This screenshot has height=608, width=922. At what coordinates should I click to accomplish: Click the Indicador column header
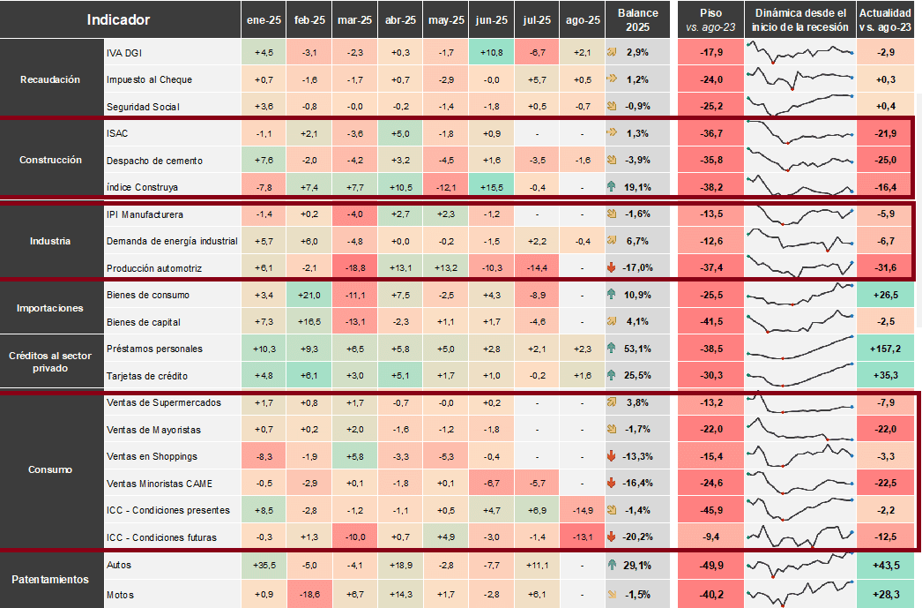(118, 20)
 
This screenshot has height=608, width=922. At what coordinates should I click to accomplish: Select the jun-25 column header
(492, 20)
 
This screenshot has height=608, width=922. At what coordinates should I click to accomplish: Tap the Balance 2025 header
(637, 20)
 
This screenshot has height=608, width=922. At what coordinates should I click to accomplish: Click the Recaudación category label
(50, 79)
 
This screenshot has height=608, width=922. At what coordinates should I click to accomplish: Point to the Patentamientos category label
(50, 580)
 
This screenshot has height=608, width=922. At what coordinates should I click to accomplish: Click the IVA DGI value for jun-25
(492, 52)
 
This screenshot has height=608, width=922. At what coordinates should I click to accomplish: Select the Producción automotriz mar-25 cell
(354, 267)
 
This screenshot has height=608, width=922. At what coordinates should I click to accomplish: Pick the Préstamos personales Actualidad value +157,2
(885, 349)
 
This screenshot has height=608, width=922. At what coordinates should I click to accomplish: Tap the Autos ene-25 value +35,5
(264, 566)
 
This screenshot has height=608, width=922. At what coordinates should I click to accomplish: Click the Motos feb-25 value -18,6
(309, 595)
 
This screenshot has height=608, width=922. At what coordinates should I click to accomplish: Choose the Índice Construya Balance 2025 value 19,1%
(637, 187)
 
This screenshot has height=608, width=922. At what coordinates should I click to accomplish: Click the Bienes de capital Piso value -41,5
(711, 322)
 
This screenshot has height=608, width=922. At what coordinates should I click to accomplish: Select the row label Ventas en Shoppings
(152, 457)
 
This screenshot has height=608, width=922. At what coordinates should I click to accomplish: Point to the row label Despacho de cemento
(154, 161)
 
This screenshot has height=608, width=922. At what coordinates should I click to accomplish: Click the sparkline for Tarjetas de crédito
(800, 376)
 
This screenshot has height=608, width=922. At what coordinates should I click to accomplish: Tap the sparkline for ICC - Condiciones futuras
(800, 537)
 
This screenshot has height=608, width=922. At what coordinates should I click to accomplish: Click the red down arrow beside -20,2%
(612, 537)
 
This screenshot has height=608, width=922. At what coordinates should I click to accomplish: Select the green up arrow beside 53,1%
(612, 349)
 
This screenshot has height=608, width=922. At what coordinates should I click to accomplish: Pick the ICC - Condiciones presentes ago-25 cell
(582, 510)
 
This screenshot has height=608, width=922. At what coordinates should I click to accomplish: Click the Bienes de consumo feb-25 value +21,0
(309, 296)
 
